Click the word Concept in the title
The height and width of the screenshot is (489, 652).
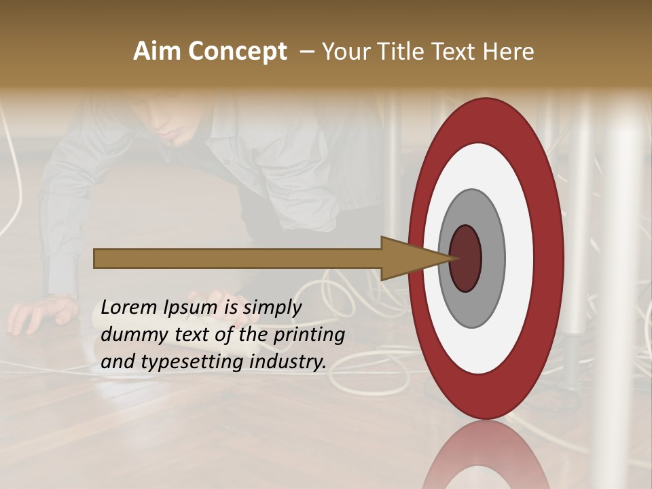[237, 52]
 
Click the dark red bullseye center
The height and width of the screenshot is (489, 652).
[466, 258]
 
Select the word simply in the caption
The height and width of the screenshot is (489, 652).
[272, 308]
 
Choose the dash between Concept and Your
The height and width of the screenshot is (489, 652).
[306, 52]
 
